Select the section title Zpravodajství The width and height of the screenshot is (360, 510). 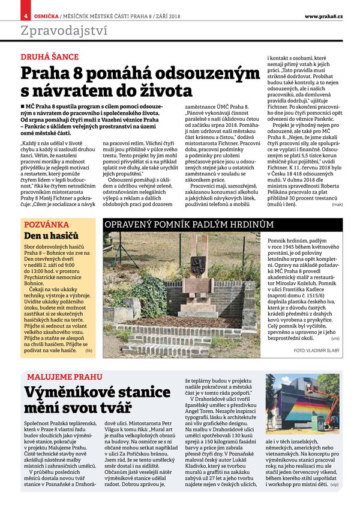coord(57,30)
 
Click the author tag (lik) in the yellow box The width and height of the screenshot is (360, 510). coord(89,349)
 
